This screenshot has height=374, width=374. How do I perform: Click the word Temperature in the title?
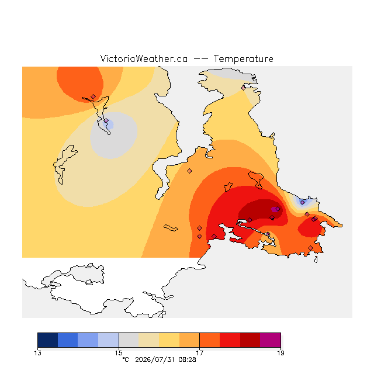(x=243, y=58)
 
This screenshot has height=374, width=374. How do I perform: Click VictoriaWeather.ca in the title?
(x=144, y=58)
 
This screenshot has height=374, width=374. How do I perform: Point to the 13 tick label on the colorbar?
(x=37, y=353)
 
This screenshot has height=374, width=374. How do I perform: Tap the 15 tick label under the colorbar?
(x=119, y=353)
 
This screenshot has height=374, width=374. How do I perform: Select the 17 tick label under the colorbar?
(x=200, y=353)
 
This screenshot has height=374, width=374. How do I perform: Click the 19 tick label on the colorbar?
(x=280, y=353)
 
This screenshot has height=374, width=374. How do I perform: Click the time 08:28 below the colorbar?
(x=187, y=359)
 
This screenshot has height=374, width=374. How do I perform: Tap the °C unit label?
(x=126, y=359)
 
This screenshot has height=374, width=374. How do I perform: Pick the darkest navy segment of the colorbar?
(x=48, y=340)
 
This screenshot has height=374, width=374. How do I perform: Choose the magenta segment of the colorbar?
(x=271, y=340)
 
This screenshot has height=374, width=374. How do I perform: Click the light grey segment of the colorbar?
(x=129, y=340)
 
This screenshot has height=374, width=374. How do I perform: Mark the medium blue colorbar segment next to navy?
(x=68, y=340)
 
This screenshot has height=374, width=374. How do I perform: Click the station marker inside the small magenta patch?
(x=278, y=209)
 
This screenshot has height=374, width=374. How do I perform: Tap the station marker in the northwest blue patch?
(x=106, y=121)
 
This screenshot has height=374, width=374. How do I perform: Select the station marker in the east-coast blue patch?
(x=303, y=203)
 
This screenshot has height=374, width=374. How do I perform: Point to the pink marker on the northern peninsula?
(x=243, y=88)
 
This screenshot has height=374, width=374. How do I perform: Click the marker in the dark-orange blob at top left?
(x=93, y=96)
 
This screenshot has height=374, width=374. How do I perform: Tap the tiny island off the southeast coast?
(x=316, y=259)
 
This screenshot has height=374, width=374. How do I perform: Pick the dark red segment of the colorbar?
(x=250, y=340)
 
